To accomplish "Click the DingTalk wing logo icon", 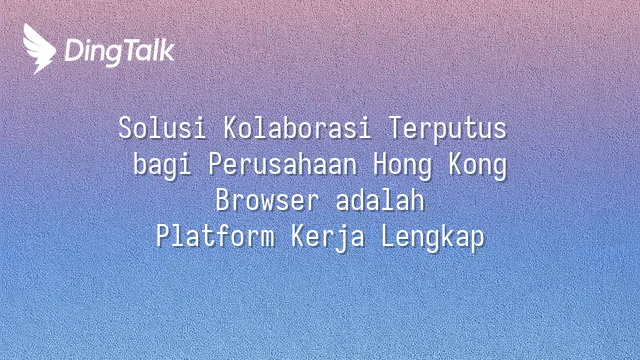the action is click(x=39, y=49).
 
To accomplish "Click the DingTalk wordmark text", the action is click(x=120, y=52).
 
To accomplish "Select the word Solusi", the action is click(x=162, y=128).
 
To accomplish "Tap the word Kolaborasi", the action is click(x=297, y=128).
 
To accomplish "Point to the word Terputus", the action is click(x=448, y=129).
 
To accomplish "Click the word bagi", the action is click(x=162, y=165).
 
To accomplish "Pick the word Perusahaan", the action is click(x=282, y=164).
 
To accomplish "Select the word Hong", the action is click(x=402, y=165).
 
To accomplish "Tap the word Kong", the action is click(x=478, y=165).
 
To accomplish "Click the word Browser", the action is click(x=267, y=200).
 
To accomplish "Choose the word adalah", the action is click(x=380, y=200).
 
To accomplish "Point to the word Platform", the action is click(x=215, y=236).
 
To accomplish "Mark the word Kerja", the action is click(x=327, y=238).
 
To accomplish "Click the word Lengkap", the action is click(x=433, y=238).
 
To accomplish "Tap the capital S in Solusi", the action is click(x=125, y=128).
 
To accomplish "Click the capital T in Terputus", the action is click(x=396, y=128).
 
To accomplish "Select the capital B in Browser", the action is click(x=223, y=200).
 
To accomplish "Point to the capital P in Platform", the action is click(x=163, y=236).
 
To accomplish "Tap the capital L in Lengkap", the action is click(x=388, y=236).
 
